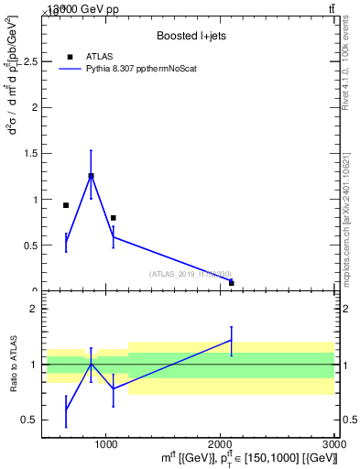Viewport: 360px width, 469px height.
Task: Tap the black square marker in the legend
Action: (71, 57)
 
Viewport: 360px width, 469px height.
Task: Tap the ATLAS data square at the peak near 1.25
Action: (91, 176)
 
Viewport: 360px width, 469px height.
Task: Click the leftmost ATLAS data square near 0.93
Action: (66, 205)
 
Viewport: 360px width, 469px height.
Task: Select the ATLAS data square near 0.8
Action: (113, 218)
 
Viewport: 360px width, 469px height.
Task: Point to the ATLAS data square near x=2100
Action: (231, 283)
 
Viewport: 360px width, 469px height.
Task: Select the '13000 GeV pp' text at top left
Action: (70, 8)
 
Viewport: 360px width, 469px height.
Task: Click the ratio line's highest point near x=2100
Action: (231, 340)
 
